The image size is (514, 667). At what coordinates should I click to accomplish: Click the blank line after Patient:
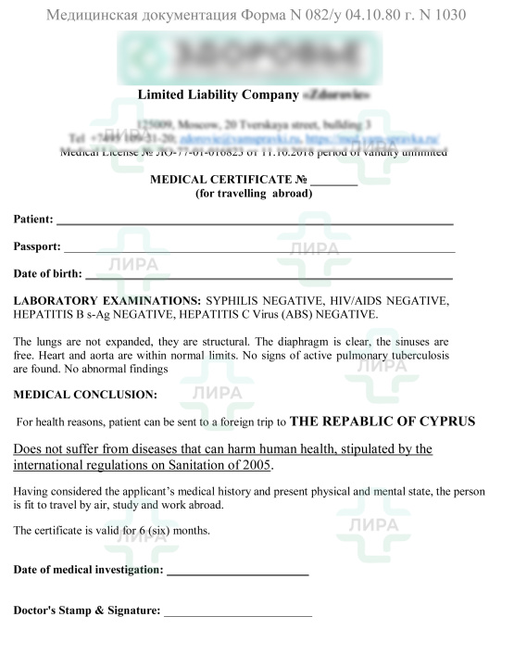click(x=255, y=223)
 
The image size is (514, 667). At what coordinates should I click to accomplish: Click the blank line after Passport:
click(x=259, y=250)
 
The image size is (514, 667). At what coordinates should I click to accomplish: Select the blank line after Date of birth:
click(x=269, y=277)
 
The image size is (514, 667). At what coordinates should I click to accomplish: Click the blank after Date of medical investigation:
click(x=237, y=576)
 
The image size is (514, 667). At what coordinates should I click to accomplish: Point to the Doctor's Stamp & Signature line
click(x=237, y=615)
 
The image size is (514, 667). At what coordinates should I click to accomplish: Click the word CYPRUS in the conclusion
click(x=441, y=421)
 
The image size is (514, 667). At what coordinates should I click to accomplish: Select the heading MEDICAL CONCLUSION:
click(x=85, y=394)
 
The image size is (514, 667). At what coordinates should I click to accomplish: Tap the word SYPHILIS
click(x=235, y=301)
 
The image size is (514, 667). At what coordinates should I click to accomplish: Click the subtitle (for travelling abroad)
click(x=254, y=195)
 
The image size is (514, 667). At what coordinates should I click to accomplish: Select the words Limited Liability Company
click(x=218, y=94)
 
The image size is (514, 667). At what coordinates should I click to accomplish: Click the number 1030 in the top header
click(x=445, y=15)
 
